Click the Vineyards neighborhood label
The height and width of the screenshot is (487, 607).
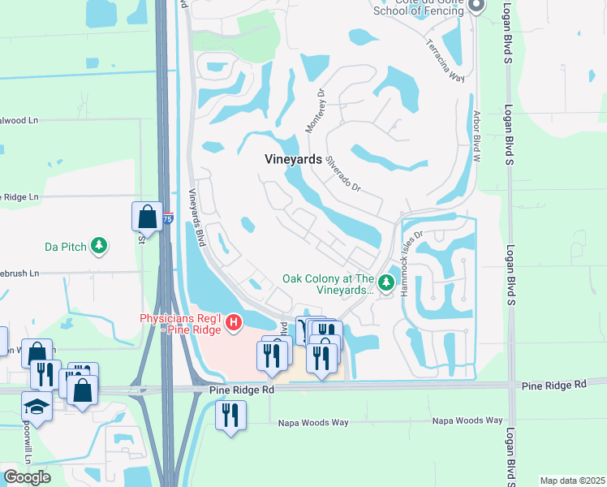(x=293, y=160)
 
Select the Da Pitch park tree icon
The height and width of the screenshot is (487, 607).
(x=99, y=245)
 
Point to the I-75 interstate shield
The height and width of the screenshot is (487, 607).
(x=167, y=218)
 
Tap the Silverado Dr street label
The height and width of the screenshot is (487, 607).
(x=342, y=173)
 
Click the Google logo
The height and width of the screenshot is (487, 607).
(x=27, y=477)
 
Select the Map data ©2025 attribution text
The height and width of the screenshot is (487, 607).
(x=572, y=481)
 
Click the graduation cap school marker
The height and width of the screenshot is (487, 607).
(x=36, y=405)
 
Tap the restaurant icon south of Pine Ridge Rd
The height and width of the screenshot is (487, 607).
(x=230, y=416)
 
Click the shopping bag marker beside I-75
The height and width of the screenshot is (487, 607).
(x=147, y=217)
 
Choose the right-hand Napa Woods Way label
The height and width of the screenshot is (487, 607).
(x=467, y=420)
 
